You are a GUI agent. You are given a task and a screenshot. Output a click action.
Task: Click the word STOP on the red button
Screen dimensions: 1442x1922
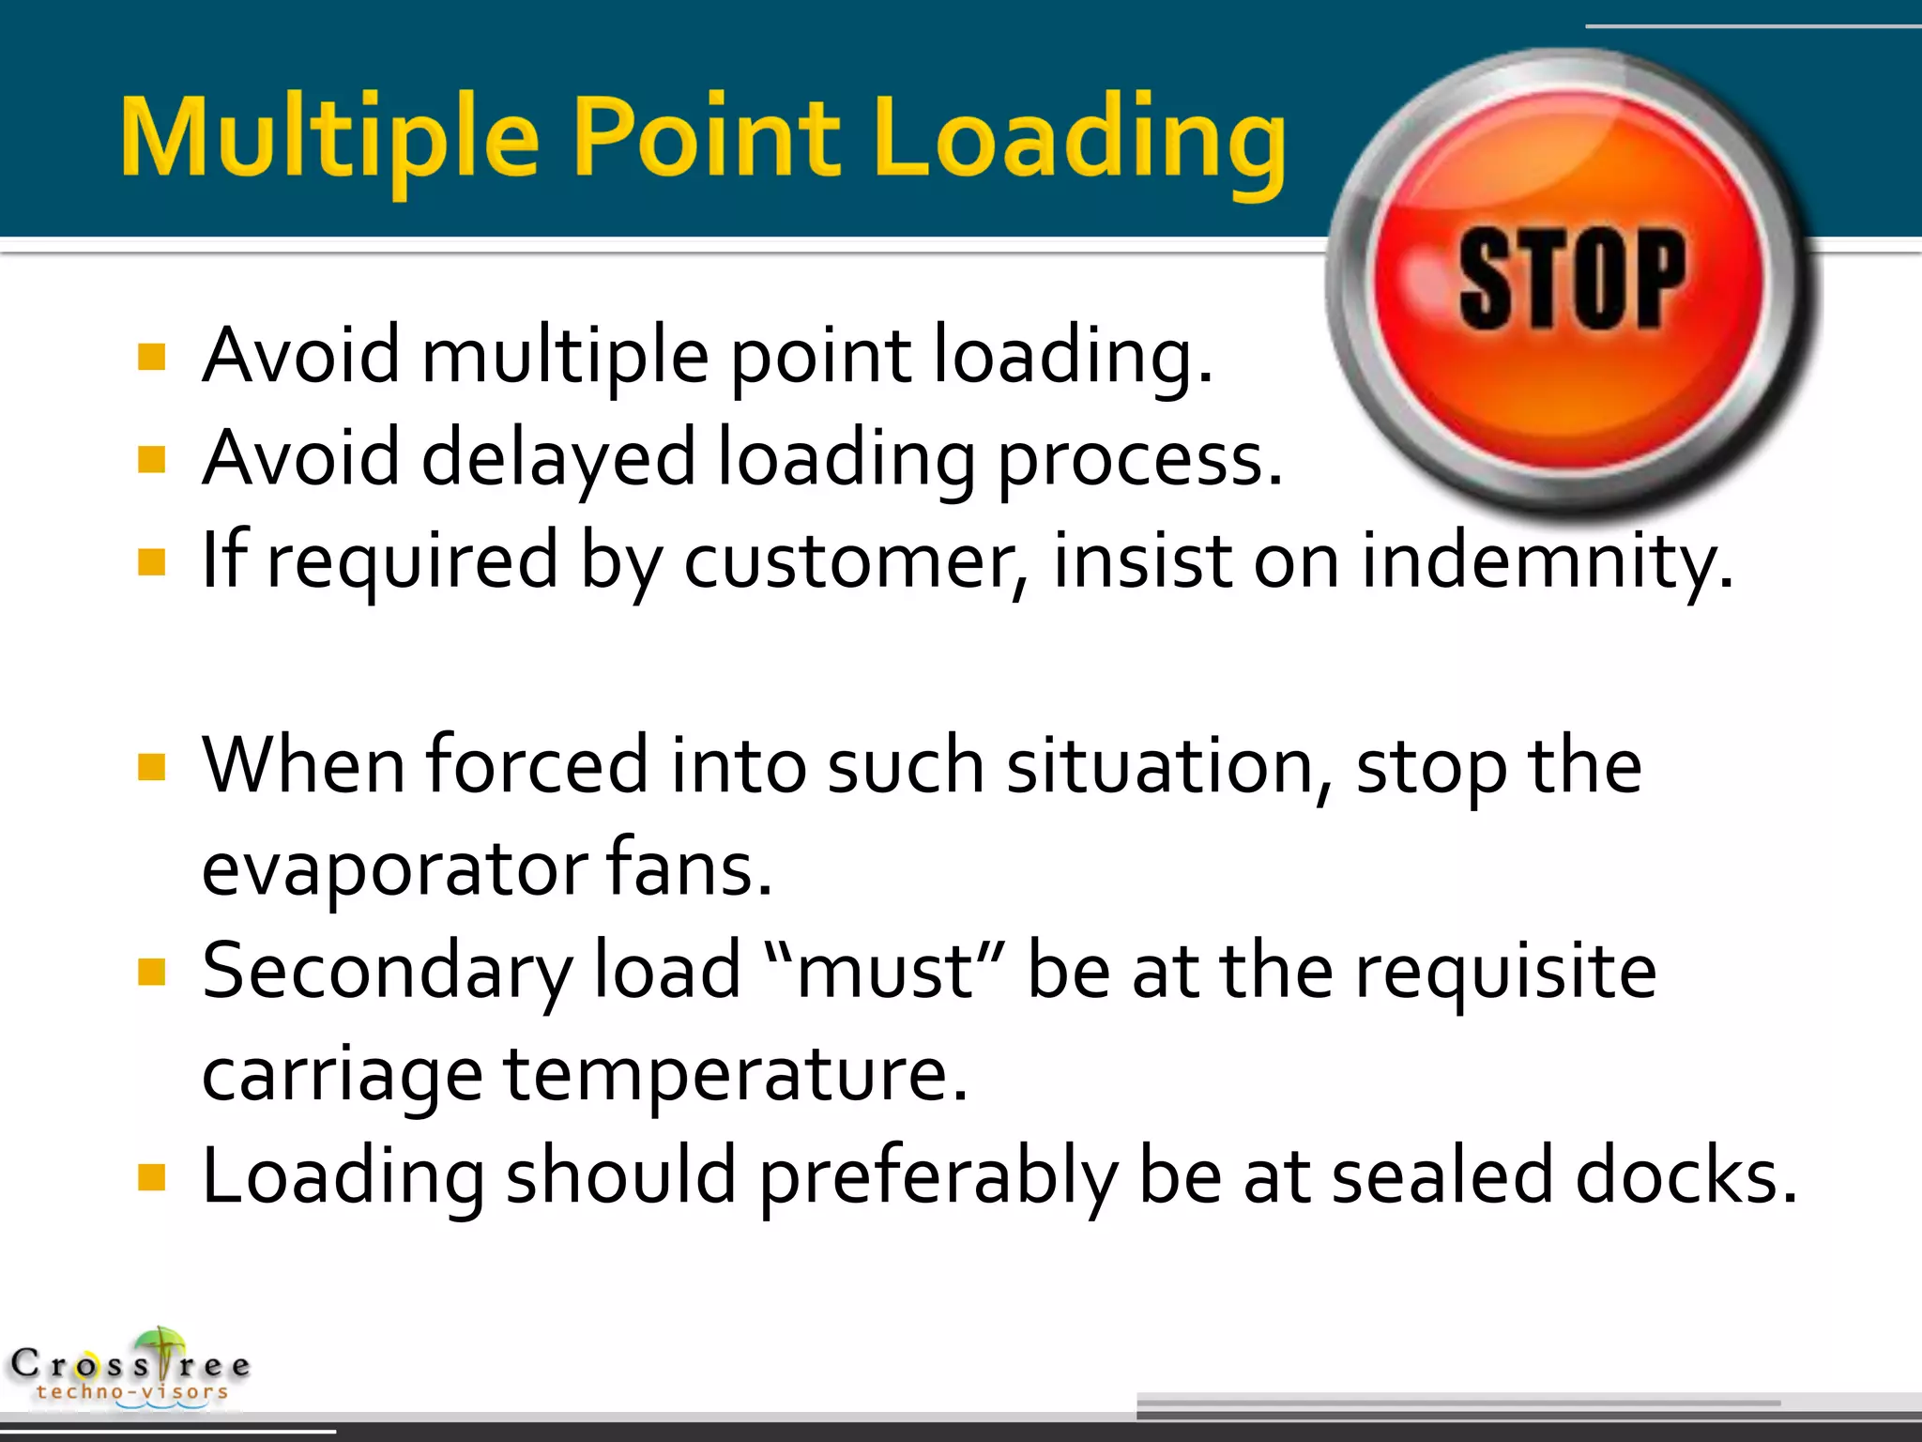[x=1572, y=279]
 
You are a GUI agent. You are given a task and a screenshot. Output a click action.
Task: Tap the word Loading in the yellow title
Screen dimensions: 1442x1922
[x=1079, y=139]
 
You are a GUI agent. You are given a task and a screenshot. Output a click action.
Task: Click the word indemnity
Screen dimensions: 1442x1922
[x=1547, y=561]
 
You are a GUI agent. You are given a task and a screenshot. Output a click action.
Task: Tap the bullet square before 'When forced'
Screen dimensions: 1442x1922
[x=151, y=767]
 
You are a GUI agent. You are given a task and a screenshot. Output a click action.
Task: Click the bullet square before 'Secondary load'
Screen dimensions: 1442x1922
[x=151, y=972]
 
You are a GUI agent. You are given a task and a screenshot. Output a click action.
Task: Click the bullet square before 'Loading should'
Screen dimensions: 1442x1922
[x=151, y=1176]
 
